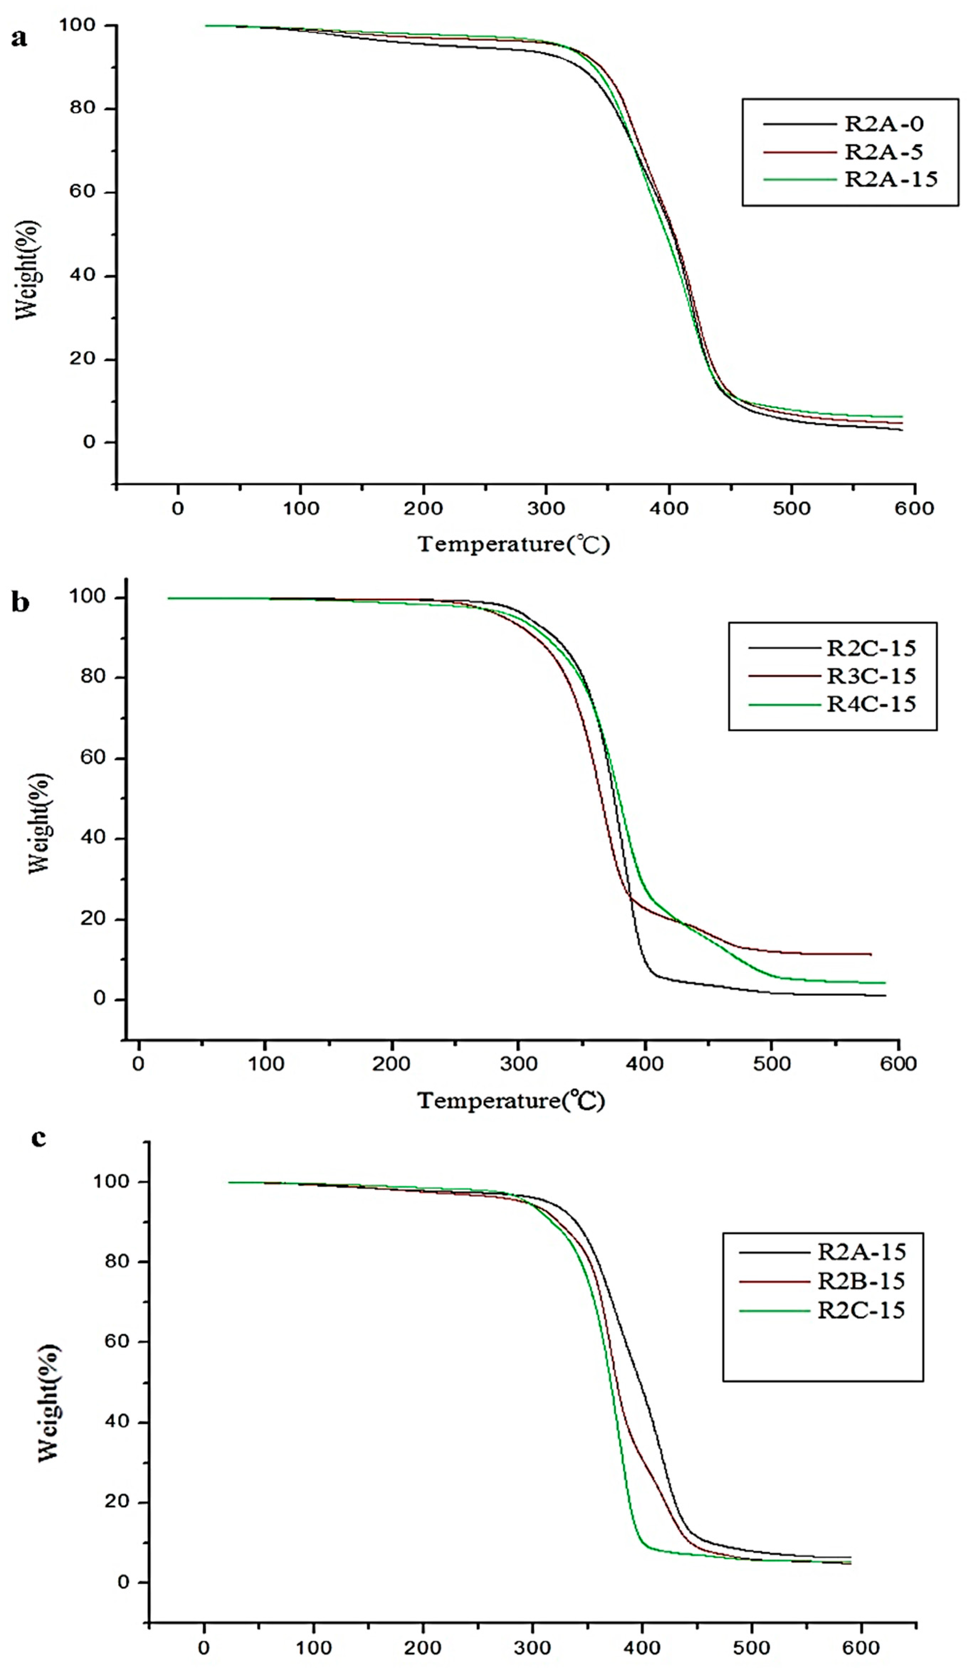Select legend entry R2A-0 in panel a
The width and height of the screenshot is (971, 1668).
point(883,124)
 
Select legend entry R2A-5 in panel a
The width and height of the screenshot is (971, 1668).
point(883,152)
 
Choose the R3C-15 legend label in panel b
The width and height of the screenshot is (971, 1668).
point(871,676)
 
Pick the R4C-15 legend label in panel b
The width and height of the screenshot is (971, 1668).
point(871,704)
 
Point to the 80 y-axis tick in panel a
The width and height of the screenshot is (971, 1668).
point(83,108)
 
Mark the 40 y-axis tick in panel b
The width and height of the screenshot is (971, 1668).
point(93,838)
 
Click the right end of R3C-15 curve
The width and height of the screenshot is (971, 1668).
point(871,954)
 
